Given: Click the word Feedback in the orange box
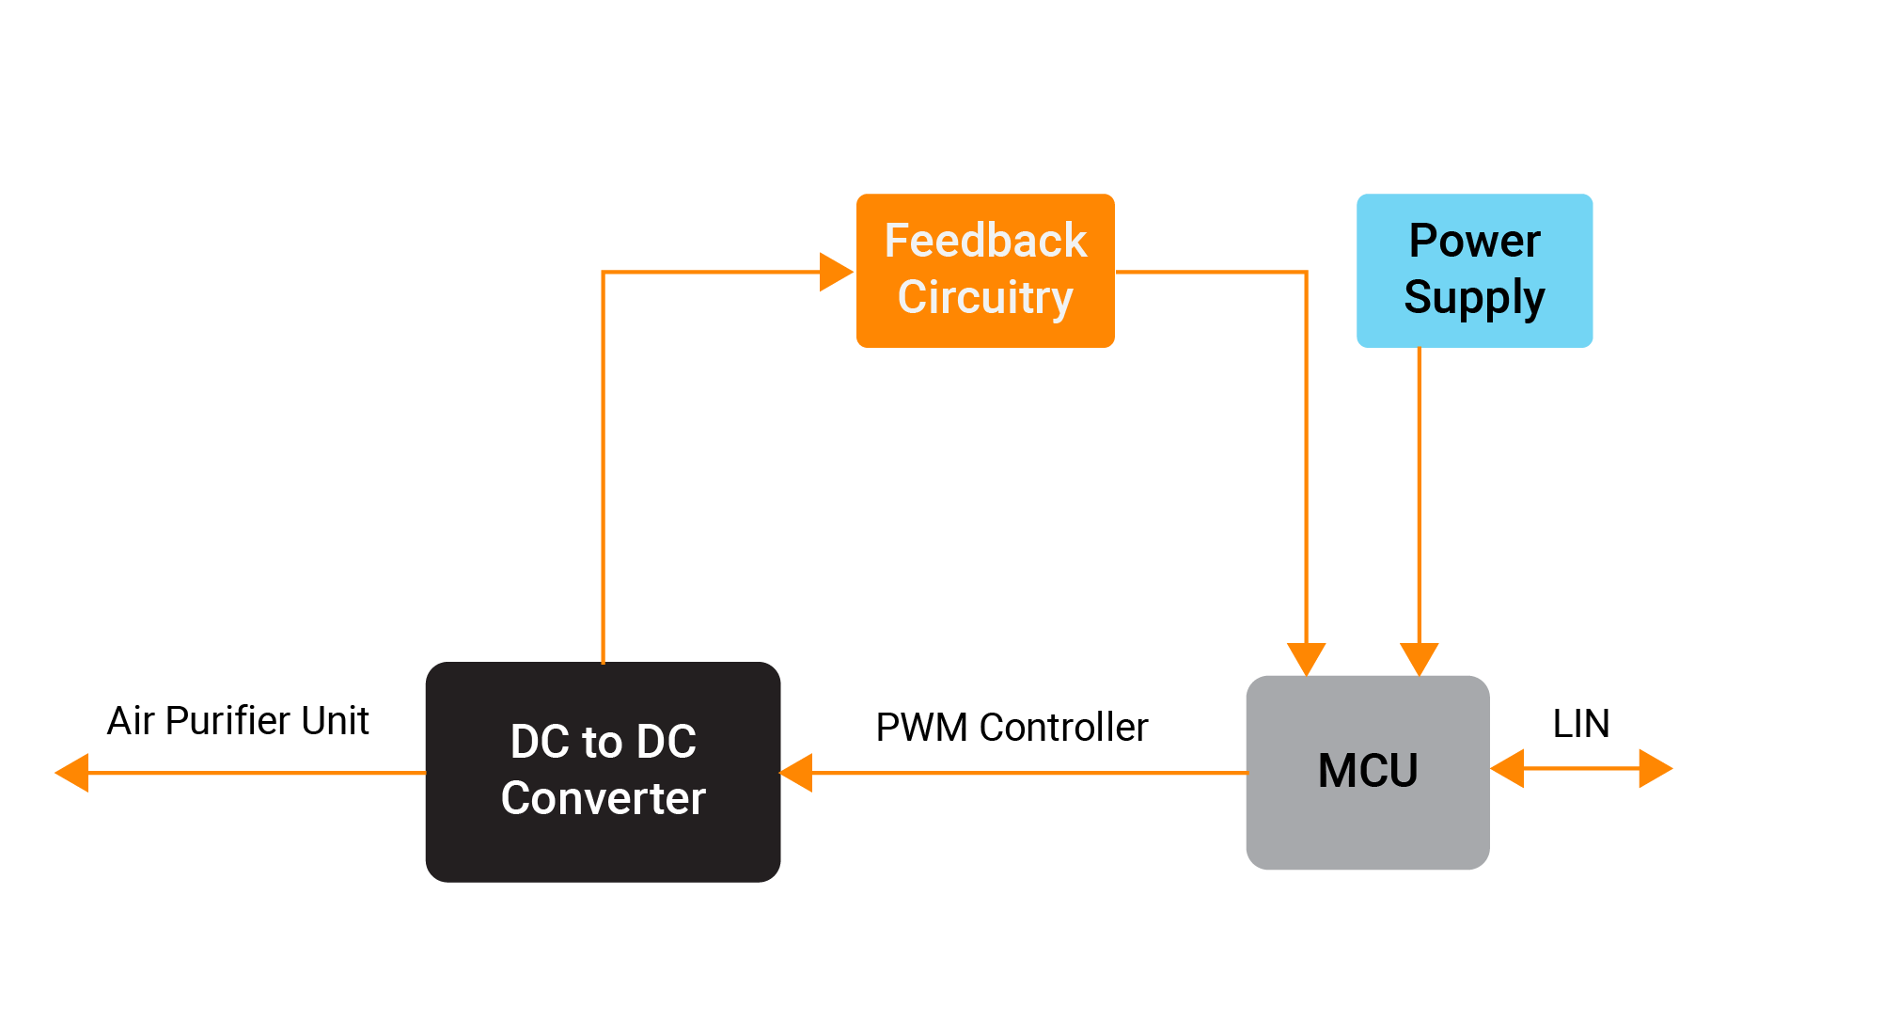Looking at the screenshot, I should click(x=985, y=241).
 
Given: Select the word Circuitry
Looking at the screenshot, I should click(x=985, y=298).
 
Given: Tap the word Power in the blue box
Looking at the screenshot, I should click(x=1474, y=241).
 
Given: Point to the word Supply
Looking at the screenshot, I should click(x=1474, y=298).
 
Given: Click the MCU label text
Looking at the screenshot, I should click(x=1368, y=771).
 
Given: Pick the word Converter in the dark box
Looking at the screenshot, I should click(x=603, y=799).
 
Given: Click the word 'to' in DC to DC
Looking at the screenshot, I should click(x=602, y=742).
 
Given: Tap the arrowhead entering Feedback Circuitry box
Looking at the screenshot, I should click(x=836, y=272).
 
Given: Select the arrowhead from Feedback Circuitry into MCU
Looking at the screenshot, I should click(x=1306, y=658).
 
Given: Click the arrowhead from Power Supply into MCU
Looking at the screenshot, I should click(x=1419, y=658).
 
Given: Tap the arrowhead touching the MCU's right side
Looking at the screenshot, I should click(x=1508, y=768).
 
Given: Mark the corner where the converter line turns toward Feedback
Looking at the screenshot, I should click(x=603, y=273).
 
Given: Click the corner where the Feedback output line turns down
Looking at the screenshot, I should click(x=1306, y=273).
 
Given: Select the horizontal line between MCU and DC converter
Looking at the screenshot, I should click(x=1025, y=773).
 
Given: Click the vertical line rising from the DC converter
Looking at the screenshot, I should click(x=603, y=470).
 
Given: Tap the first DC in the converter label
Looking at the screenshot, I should click(x=540, y=742).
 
